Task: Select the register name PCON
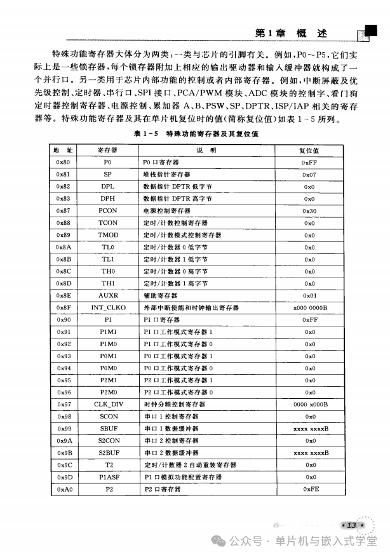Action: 107,211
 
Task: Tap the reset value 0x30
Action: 309,211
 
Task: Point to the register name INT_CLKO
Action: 107,307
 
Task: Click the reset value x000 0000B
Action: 309,307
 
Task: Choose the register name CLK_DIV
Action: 107,405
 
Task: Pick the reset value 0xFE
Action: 309,489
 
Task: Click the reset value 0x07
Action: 309,175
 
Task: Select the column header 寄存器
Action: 107,151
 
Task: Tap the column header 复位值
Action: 309,151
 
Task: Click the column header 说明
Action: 206,151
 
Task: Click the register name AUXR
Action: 107,295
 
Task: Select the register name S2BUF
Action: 107,453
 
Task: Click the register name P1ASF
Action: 107,477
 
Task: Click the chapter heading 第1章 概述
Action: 290,34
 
